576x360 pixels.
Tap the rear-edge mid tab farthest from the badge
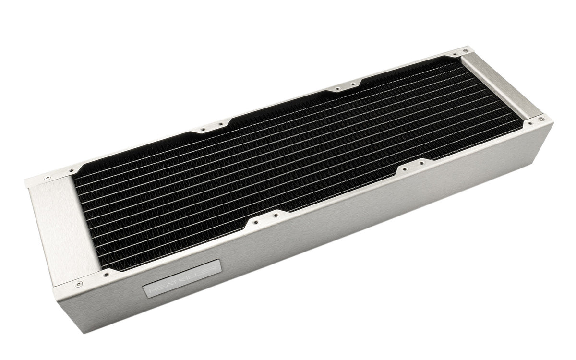(x=344, y=88)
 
